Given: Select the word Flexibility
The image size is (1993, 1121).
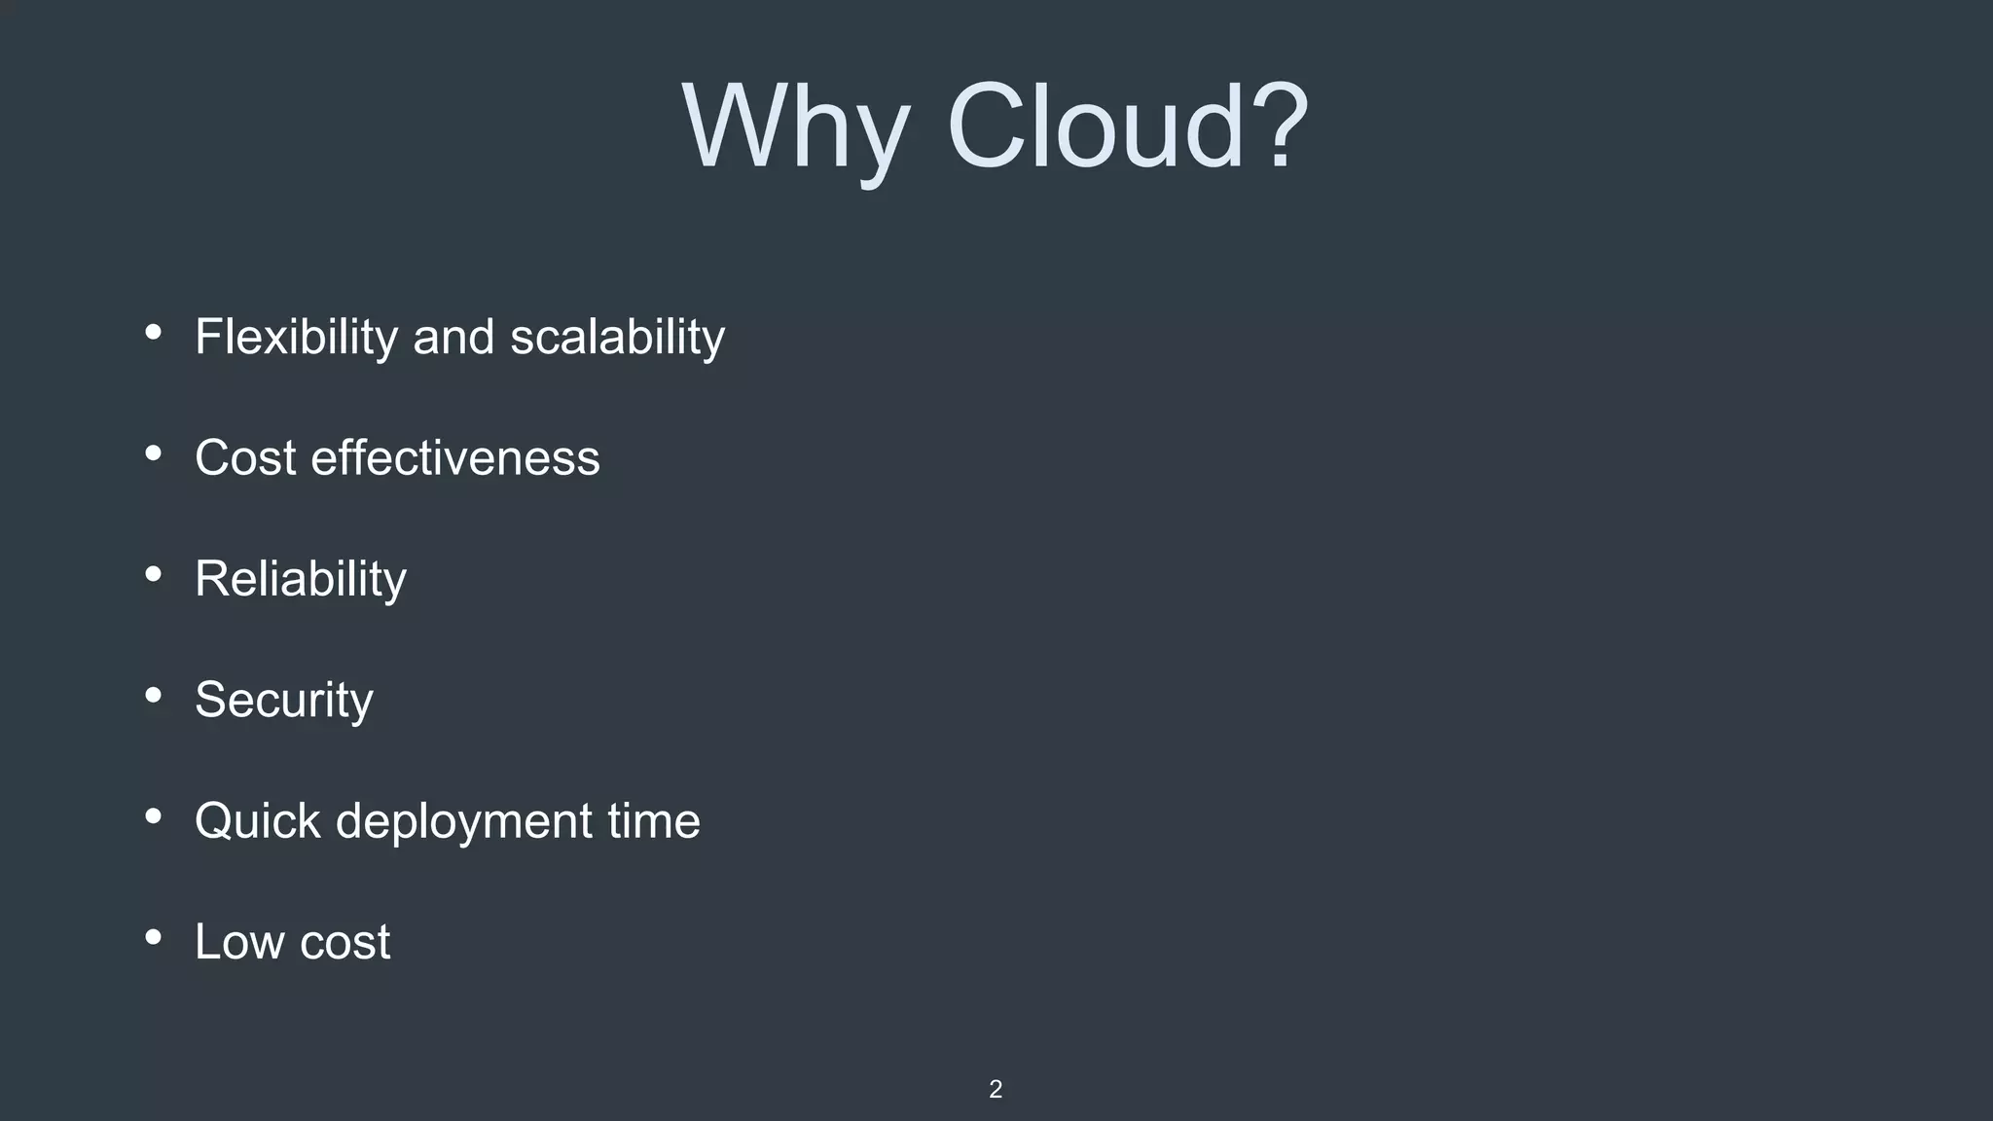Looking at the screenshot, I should (x=296, y=338).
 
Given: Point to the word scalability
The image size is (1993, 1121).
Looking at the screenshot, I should (x=617, y=338).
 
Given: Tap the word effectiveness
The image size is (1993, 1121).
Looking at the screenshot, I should (x=454, y=457).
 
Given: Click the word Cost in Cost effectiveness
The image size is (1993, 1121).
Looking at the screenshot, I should (x=244, y=457).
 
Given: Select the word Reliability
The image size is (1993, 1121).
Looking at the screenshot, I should (x=300, y=579).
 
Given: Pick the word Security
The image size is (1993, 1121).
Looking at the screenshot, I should (x=283, y=700).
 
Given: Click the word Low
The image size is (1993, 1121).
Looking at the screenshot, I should (x=239, y=942).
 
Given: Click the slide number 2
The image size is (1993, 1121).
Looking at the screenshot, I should (x=995, y=1089).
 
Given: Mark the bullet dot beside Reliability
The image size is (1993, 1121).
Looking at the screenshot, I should (x=153, y=574).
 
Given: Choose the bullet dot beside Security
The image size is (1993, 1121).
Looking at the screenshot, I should (x=153, y=695).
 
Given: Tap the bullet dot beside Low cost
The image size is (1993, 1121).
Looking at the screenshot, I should (x=153, y=937).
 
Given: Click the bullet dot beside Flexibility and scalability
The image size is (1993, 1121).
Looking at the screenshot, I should (x=153, y=333).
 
